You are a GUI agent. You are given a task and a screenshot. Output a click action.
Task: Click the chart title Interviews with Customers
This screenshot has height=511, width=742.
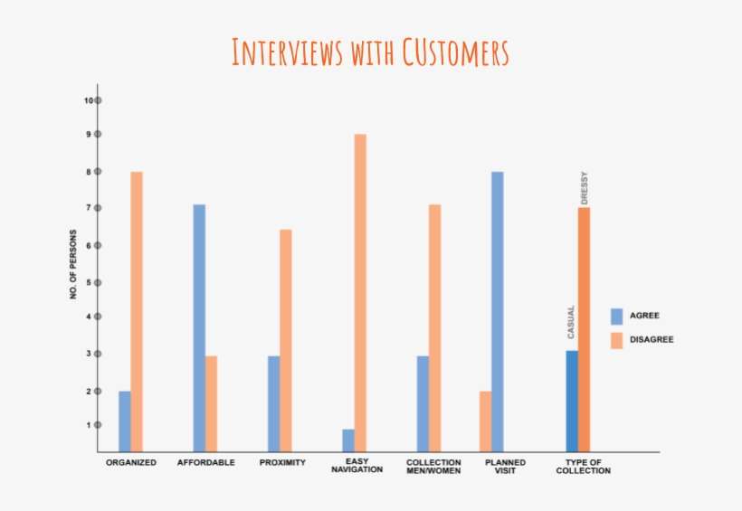[370, 52]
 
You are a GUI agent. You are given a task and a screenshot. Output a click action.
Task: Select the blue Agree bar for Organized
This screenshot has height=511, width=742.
[125, 421]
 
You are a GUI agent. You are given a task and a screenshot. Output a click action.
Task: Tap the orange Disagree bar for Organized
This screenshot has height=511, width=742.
[137, 311]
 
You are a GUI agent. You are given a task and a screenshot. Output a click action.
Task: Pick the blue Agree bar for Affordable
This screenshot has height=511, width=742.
[199, 327]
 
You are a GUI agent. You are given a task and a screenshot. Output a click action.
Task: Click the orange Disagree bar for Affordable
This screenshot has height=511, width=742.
[211, 403]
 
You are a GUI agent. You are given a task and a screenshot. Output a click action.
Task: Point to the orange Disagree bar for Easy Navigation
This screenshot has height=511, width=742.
[360, 292]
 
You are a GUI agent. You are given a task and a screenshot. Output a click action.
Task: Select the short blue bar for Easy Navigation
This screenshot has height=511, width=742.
[348, 440]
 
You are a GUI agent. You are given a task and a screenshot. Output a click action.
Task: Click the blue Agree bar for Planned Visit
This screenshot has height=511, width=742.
[497, 311]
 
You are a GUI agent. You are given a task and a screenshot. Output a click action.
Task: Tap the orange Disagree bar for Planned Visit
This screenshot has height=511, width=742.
[486, 421]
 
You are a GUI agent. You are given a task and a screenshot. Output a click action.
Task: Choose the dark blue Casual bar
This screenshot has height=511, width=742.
[572, 401]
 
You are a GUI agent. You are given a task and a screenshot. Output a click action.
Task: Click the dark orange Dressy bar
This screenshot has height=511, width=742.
[584, 329]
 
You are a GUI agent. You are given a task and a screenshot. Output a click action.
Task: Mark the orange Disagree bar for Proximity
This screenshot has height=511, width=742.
[286, 340]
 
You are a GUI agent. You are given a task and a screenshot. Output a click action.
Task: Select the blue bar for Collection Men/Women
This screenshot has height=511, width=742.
[423, 403]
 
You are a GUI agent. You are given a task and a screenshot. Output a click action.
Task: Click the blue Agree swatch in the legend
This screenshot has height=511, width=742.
[617, 316]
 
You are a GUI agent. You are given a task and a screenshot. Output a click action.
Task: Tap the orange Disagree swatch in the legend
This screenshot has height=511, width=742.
[617, 340]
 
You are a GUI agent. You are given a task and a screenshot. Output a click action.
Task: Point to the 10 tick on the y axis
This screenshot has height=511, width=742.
[97, 100]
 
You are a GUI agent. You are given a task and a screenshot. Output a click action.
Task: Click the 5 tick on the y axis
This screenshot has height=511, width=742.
[97, 282]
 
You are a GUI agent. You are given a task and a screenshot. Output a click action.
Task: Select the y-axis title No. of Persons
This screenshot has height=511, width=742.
[73, 270]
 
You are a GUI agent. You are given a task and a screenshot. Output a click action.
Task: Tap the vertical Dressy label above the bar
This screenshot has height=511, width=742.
[584, 187]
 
